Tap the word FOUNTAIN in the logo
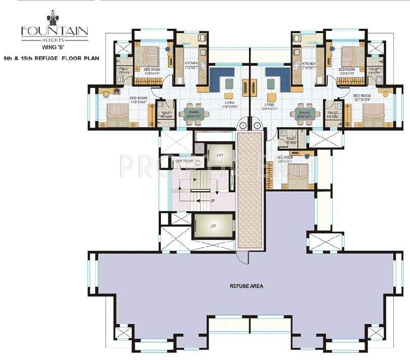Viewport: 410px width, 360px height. pos(54,30)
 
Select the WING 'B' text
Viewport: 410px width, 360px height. pos(54,49)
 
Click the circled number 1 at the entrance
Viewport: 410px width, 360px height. pos(243,125)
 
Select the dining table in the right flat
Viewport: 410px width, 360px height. pos(304,112)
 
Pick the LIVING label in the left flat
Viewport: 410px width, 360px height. pos(229,104)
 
